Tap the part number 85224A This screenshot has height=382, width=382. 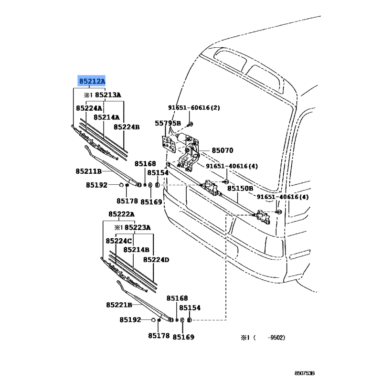(88, 108)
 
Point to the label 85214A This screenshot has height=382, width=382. (106, 117)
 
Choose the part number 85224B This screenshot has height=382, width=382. (127, 127)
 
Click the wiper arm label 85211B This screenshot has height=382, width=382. (88, 171)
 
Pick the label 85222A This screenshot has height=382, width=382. (121, 214)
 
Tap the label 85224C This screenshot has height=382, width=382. (119, 241)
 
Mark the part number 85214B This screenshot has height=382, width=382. (137, 250)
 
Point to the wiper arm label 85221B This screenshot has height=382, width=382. (119, 305)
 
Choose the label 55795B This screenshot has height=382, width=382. (168, 123)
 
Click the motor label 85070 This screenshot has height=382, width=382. (223, 150)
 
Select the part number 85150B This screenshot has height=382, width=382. (240, 189)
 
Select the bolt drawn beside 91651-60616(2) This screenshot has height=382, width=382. (191, 125)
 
